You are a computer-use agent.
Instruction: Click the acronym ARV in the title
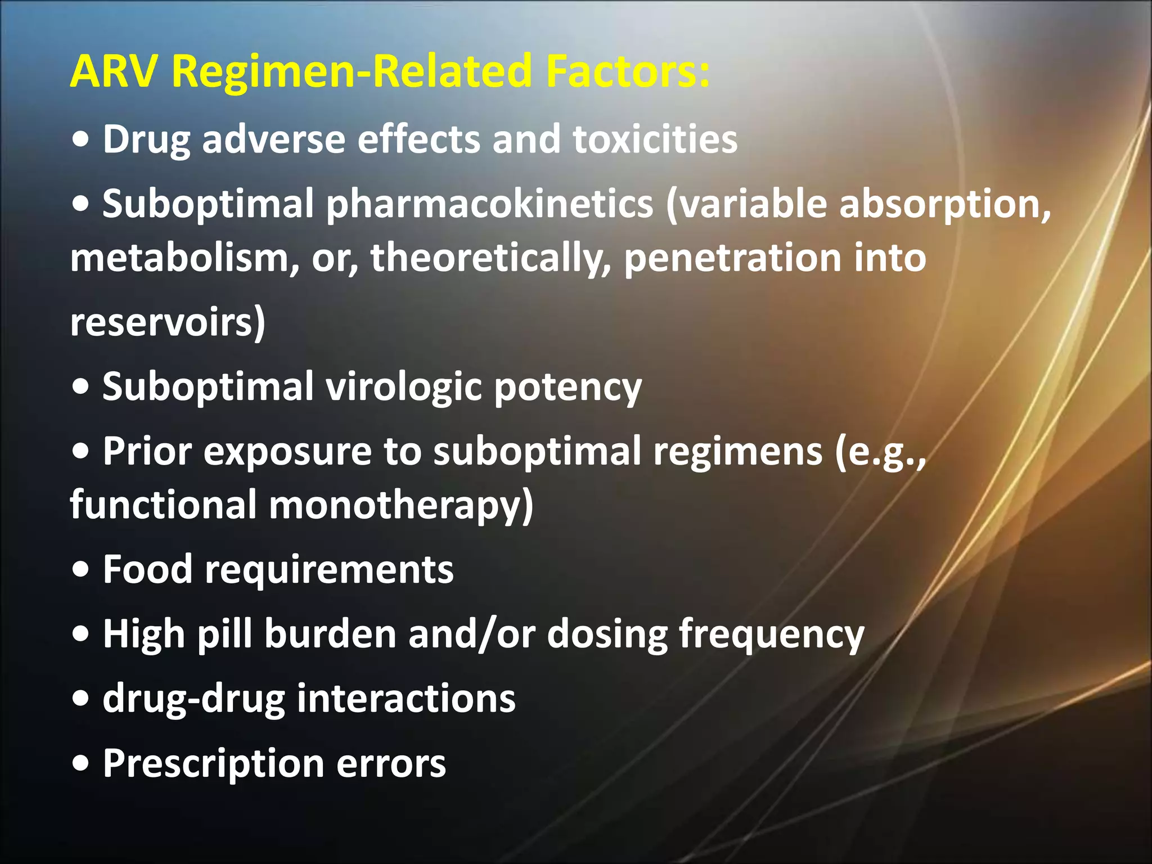[x=115, y=72]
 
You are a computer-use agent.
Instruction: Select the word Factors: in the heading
[x=627, y=72]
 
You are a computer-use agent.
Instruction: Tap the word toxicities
[x=655, y=139]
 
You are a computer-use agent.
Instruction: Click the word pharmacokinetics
[x=489, y=204]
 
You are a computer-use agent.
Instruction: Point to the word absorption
[x=944, y=204]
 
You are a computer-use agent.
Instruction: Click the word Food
[x=148, y=569]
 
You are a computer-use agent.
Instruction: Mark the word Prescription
[x=213, y=764]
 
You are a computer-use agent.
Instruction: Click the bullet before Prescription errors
[x=81, y=764]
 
